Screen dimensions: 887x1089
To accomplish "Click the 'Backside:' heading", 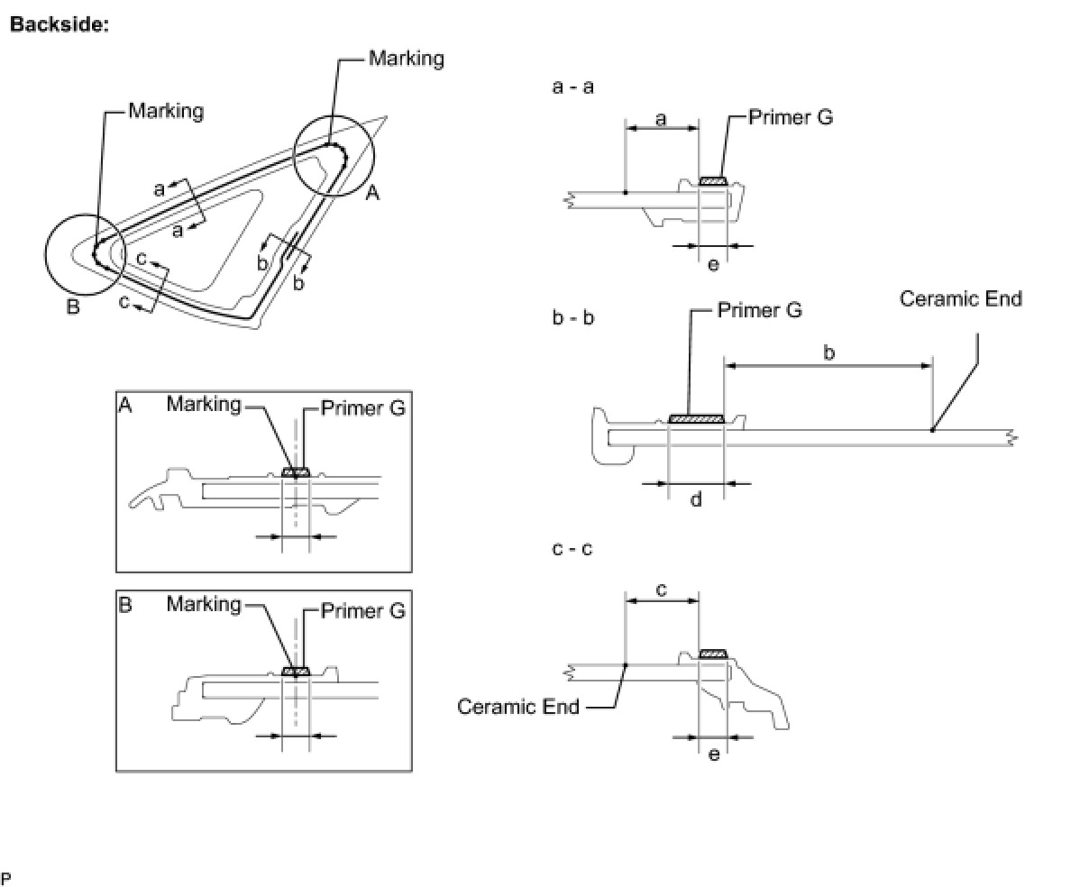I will click(x=59, y=24).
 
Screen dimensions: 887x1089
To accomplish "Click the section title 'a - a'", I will click(x=572, y=87).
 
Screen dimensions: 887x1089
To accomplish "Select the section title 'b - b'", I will click(x=573, y=318).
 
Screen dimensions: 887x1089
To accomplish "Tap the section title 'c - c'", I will click(x=572, y=548).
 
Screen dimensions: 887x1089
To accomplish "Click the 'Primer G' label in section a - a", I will click(x=791, y=117).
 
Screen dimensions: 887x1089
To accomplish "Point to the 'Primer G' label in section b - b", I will click(x=759, y=310).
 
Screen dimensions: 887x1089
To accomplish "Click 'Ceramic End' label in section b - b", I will click(x=960, y=298).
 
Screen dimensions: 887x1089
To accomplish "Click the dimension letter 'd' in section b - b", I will click(x=696, y=498).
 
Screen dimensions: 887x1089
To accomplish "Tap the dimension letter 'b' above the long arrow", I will click(x=828, y=352).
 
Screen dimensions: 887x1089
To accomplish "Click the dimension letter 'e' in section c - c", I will click(x=713, y=754).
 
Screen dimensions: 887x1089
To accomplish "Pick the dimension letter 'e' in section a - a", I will click(x=713, y=264).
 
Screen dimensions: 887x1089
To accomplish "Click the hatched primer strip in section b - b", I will click(x=697, y=418).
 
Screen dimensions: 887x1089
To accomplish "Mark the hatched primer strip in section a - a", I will click(x=713, y=181).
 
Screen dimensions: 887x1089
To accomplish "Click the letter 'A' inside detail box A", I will click(x=125, y=405).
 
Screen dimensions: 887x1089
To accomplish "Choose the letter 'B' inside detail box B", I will click(x=125, y=605).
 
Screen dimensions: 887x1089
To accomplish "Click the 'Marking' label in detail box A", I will click(x=204, y=405).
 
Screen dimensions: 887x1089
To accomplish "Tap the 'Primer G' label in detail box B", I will click(x=363, y=611).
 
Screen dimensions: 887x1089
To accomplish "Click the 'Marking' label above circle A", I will click(x=407, y=59).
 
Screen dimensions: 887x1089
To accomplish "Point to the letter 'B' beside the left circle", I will click(x=73, y=307).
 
